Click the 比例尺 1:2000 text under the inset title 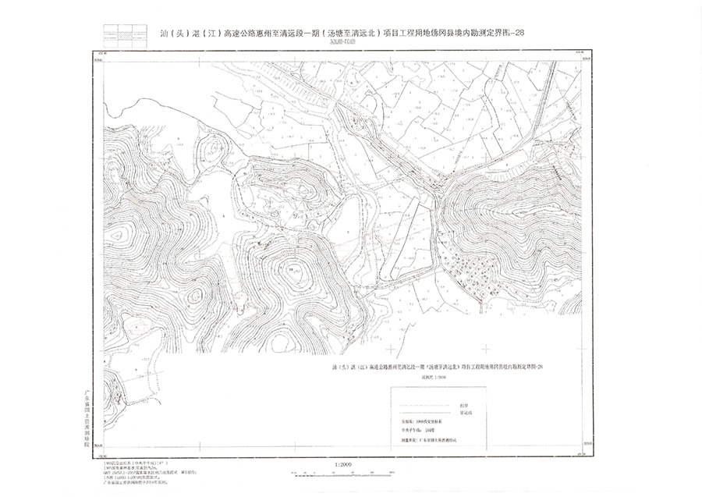click(414, 377)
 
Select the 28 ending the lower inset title click(550, 366)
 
